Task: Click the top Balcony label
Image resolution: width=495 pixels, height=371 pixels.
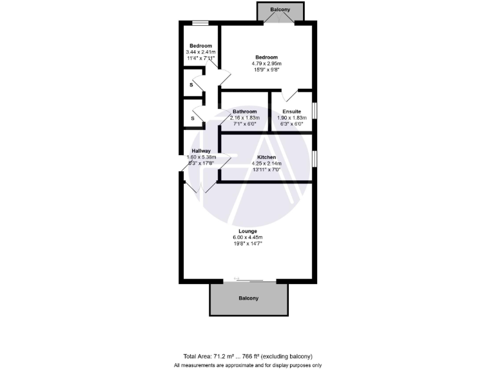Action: [280, 10]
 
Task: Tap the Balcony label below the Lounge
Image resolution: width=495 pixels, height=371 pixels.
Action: [248, 298]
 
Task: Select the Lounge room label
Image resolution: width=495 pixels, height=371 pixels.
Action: [247, 231]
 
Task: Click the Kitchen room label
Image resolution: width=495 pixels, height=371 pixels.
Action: [267, 157]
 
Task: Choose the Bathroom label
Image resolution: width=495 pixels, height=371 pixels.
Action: [245, 111]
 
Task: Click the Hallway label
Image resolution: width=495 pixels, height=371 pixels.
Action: [201, 151]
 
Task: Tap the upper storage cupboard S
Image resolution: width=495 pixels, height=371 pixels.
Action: [191, 84]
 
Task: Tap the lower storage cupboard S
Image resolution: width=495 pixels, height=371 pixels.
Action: [191, 119]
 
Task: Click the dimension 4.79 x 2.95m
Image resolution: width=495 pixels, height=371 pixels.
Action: [267, 64]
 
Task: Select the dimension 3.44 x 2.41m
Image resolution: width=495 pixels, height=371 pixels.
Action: [200, 52]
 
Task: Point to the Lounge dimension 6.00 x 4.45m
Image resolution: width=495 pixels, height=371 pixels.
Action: [247, 238]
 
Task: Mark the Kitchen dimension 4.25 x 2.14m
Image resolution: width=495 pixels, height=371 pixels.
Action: [267, 164]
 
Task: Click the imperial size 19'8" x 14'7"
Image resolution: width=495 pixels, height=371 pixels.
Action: [247, 244]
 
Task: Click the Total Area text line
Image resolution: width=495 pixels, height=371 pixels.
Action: [247, 356]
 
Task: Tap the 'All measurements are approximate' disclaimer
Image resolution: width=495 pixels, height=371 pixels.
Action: [247, 365]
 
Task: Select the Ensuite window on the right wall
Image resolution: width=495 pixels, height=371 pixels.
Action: [314, 110]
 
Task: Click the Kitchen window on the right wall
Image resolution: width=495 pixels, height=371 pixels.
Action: [314, 158]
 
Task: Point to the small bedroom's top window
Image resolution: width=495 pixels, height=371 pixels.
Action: [200, 24]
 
